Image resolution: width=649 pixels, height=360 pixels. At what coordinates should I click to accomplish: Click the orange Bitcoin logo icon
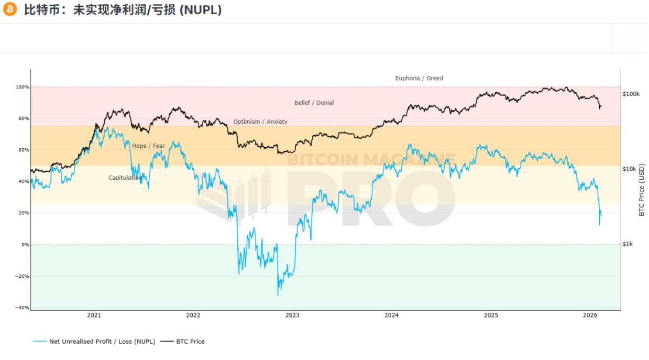(x=9, y=9)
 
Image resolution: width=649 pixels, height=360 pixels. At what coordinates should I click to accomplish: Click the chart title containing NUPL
(x=123, y=10)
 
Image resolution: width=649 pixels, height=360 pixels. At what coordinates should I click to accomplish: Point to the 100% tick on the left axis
(x=23, y=87)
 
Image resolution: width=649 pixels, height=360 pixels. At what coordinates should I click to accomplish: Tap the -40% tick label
(x=23, y=308)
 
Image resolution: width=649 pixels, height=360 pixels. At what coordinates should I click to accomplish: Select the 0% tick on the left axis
(x=25, y=245)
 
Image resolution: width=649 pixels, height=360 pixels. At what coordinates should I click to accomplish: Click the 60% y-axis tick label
(x=24, y=150)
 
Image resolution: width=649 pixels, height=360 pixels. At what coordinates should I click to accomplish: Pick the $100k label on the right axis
(x=631, y=94)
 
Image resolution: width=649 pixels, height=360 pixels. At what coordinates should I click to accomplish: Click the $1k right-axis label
(x=629, y=244)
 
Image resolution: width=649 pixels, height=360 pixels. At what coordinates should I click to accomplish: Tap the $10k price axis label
(x=630, y=169)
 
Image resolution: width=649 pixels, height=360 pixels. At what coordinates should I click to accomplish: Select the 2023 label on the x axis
(x=292, y=315)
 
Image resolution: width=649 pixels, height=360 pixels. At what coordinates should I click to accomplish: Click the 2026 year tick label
(x=590, y=315)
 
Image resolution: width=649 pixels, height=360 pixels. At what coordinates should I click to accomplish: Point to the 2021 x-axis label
(x=94, y=315)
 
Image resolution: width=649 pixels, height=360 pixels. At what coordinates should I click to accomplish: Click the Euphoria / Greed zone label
(x=419, y=78)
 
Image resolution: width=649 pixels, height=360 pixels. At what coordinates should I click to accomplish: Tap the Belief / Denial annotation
(x=314, y=103)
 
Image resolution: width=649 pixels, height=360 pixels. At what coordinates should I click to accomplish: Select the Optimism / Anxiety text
(x=260, y=122)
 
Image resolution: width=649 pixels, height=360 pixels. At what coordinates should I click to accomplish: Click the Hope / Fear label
(x=148, y=146)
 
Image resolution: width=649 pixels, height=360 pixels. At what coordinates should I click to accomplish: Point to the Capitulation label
(x=125, y=178)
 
